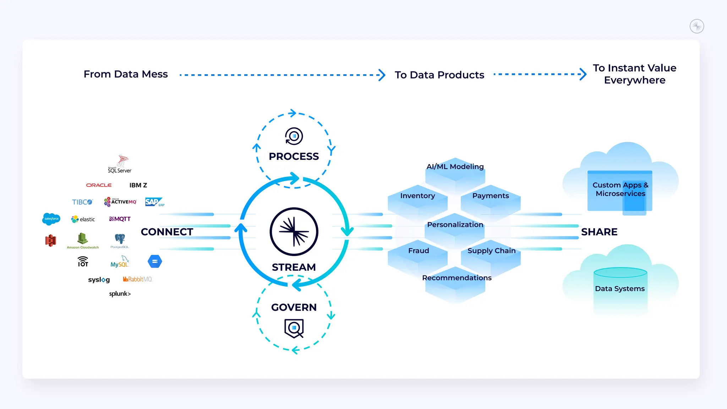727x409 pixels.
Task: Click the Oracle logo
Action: pos(99,185)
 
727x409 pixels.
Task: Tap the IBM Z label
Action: pos(138,185)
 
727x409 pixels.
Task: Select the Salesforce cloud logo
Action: pos(51,219)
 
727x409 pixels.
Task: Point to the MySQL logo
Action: pos(119,262)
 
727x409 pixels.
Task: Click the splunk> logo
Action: pos(120,294)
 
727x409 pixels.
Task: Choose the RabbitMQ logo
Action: pos(137,279)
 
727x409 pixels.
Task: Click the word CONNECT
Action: pos(167,232)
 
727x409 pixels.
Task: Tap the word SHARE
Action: pos(599,232)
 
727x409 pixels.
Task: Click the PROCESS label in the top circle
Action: pos(294,156)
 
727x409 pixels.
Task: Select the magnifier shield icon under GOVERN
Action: pos(294,328)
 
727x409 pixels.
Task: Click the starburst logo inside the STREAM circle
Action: pos(294,231)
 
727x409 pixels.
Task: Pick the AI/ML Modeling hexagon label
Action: pos(455,167)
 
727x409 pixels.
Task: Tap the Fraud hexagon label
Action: pos(419,251)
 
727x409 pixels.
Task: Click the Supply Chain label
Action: pos(491,251)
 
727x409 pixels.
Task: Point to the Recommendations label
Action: pos(457,278)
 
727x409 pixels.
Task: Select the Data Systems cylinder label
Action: pos(620,289)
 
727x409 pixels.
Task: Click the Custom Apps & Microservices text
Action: pos(620,189)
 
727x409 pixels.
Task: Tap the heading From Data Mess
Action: pos(126,74)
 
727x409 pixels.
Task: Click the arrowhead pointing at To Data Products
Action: pos(382,75)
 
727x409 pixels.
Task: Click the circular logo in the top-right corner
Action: pos(696,26)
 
